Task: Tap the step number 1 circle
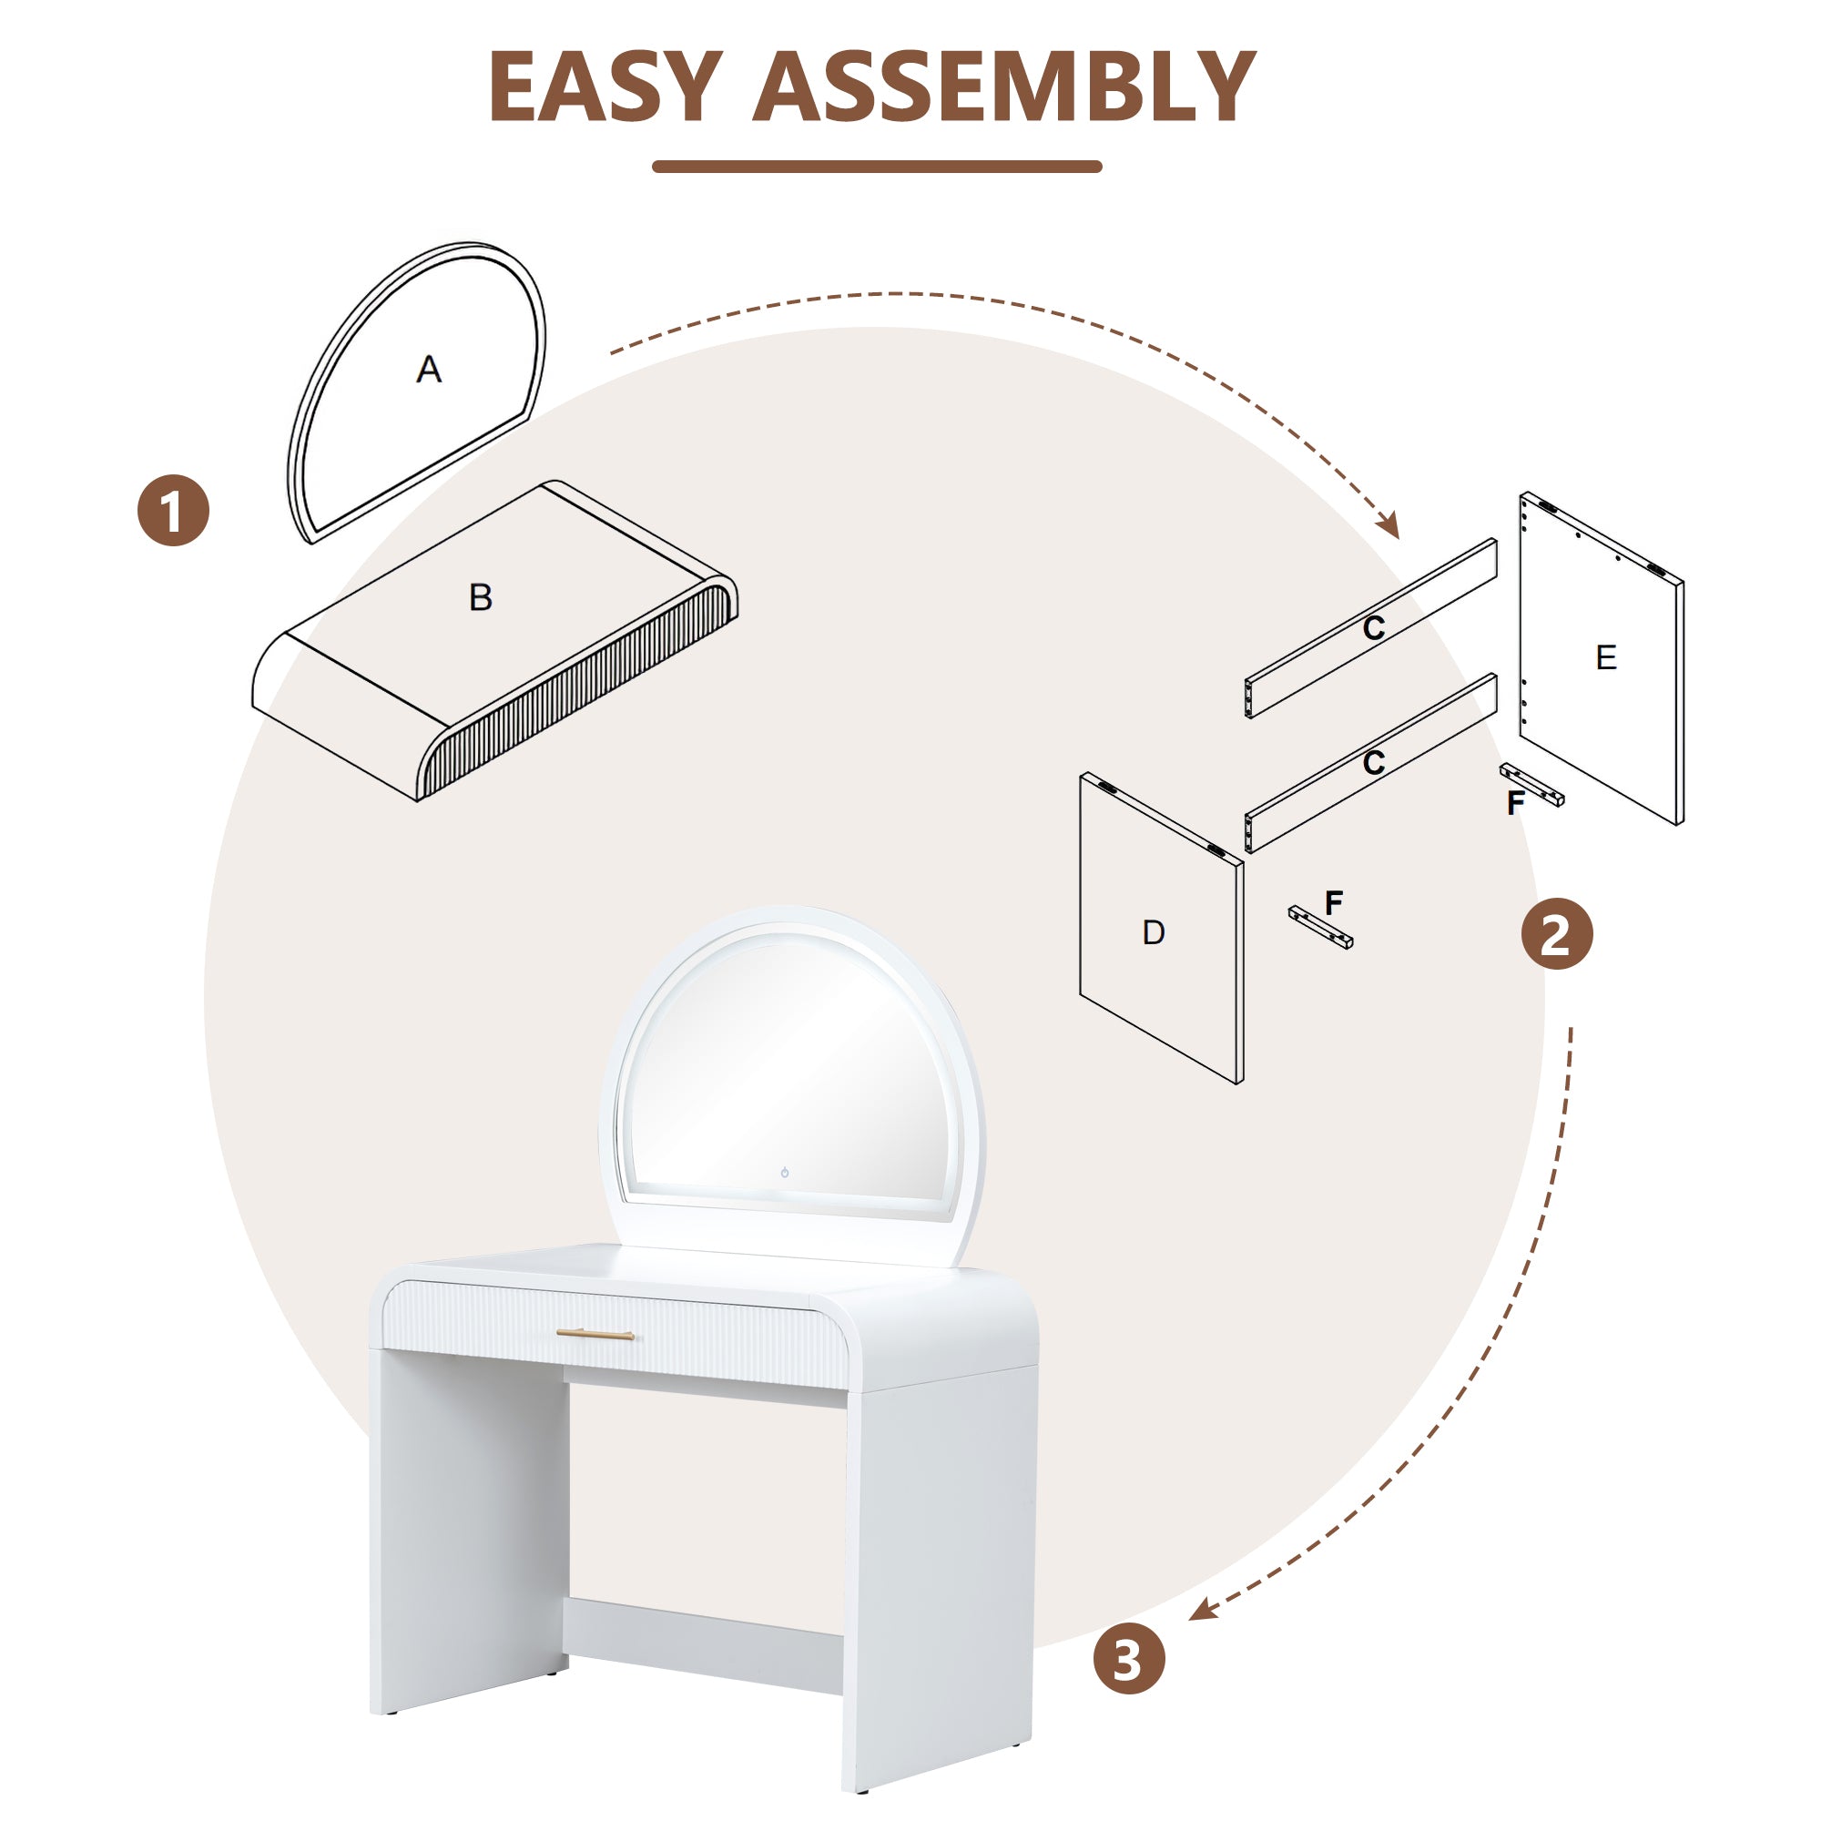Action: click(x=173, y=510)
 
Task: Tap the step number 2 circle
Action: click(x=1556, y=934)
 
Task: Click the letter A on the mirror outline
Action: click(x=429, y=369)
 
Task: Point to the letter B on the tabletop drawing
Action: click(x=481, y=597)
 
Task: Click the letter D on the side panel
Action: click(x=1154, y=932)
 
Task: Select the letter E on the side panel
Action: click(x=1606, y=657)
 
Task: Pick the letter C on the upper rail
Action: click(x=1374, y=627)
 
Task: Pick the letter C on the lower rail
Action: click(x=1374, y=761)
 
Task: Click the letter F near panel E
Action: click(x=1516, y=803)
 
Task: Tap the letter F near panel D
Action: click(x=1334, y=902)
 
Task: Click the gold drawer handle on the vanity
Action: click(x=595, y=1334)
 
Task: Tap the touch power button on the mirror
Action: click(x=784, y=1173)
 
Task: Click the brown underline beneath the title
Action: click(x=877, y=167)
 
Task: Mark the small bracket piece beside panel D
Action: click(x=1320, y=928)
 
